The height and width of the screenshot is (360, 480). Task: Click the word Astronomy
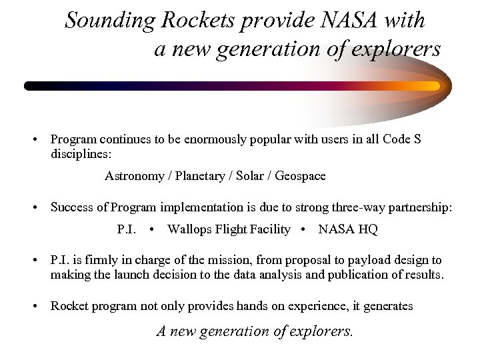(135, 176)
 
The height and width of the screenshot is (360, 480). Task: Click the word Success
(71, 208)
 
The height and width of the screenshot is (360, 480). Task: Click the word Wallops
(189, 230)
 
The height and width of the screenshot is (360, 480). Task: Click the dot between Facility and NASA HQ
(304, 230)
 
